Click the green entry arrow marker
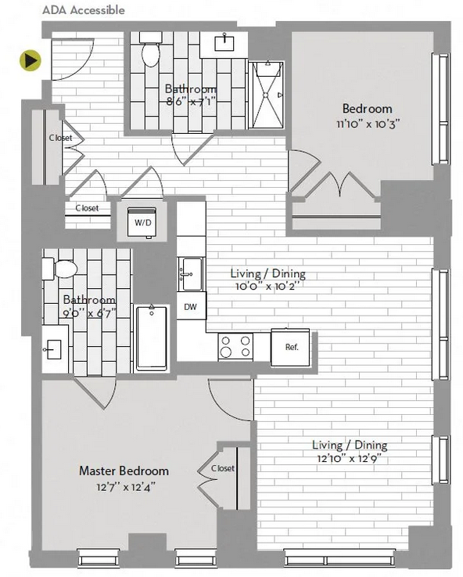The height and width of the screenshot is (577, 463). coord(31,60)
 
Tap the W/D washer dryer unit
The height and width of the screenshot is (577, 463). coord(142,222)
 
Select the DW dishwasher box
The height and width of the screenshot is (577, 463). coord(191,306)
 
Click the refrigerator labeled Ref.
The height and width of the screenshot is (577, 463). coord(290,347)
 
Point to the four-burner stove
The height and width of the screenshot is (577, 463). coord(235,346)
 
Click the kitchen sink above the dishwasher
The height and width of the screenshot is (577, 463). coord(191,274)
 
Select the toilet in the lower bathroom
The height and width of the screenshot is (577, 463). coord(59,269)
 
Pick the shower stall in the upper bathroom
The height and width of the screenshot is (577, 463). coord(267,95)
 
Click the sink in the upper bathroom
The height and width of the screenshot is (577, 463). coord(224,43)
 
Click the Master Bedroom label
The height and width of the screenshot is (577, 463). coord(124,471)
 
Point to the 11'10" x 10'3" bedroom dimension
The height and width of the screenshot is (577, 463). coord(368,124)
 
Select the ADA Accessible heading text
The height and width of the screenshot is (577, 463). coord(84,10)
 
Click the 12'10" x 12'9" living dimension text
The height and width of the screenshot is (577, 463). coord(350,459)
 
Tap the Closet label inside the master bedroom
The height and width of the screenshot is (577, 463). coord(223,468)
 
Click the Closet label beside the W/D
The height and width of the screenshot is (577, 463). coord(87,208)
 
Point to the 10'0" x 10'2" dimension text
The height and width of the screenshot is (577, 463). coord(268,286)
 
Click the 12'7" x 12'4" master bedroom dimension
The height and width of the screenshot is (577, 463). coord(125,487)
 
